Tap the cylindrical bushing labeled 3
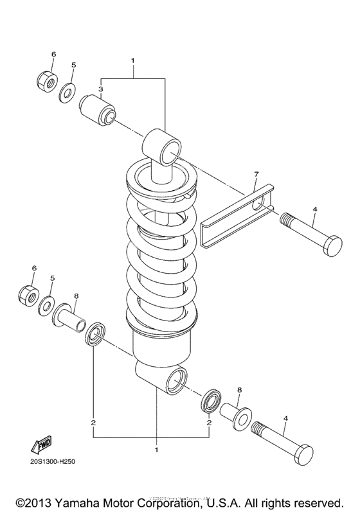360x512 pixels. [x=98, y=109]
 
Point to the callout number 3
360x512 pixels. [x=101, y=89]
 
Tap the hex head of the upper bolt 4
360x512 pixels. [x=334, y=247]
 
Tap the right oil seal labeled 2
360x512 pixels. [x=212, y=402]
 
